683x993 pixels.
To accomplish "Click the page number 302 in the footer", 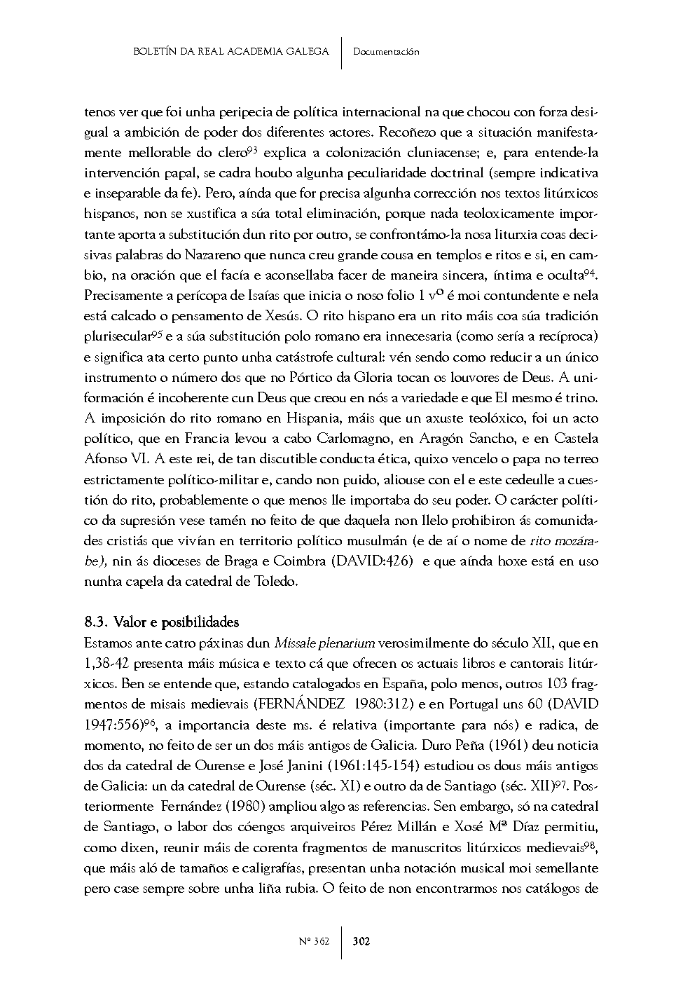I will (x=361, y=941).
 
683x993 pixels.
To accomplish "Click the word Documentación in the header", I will (x=386, y=51).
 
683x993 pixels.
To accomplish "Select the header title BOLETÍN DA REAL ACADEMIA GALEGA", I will (x=231, y=51).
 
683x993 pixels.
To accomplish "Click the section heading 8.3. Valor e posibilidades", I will (x=162, y=622).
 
